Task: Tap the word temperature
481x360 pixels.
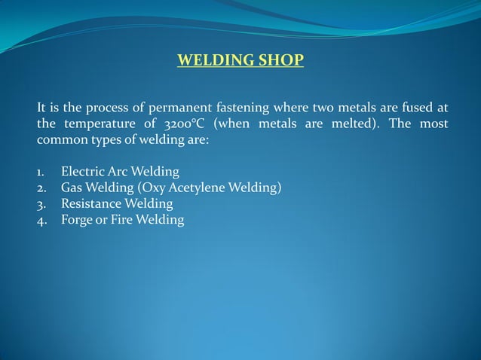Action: point(94,124)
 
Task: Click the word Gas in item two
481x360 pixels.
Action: point(72,188)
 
